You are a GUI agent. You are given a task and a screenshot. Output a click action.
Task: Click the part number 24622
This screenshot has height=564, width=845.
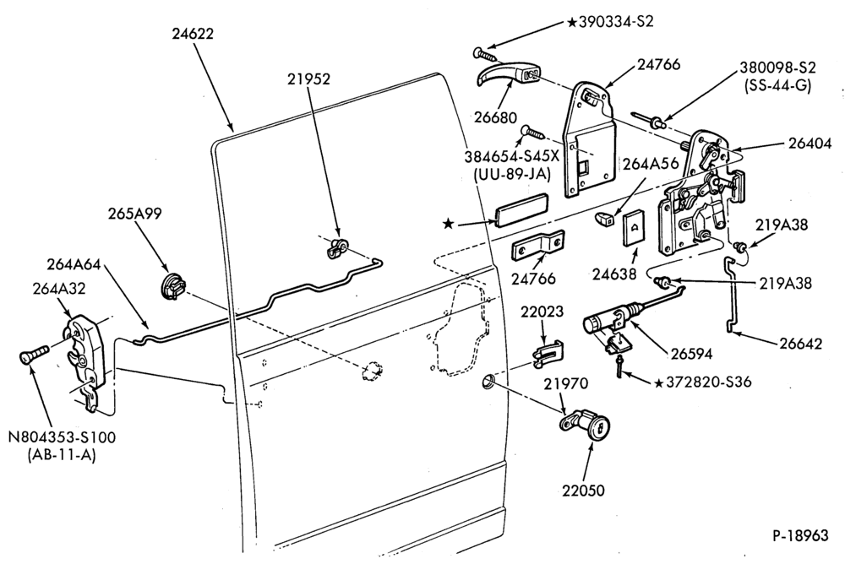(193, 34)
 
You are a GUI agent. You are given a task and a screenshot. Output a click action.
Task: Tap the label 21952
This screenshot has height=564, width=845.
(308, 79)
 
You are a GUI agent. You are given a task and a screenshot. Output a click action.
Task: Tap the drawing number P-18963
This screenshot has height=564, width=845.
(800, 535)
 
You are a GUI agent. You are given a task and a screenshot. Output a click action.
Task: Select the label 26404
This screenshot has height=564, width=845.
(810, 144)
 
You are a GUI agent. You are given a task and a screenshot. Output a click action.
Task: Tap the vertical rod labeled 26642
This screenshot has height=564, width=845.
(732, 294)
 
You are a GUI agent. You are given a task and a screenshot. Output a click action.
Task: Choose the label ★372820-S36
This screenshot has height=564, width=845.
(702, 382)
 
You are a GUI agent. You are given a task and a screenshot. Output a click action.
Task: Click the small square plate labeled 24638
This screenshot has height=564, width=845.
(635, 229)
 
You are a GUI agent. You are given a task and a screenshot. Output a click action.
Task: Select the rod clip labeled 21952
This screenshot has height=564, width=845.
(337, 247)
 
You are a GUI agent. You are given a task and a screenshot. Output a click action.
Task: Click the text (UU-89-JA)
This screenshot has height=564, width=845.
(511, 173)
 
